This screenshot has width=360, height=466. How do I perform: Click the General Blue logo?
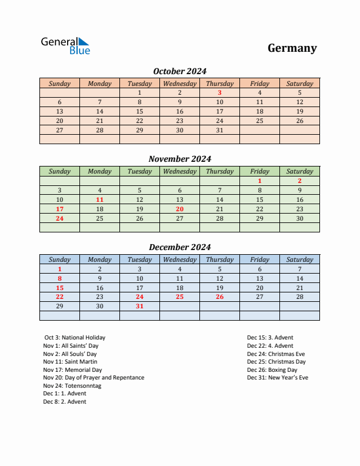(x=65, y=46)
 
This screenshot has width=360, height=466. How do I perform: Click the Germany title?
(x=292, y=48)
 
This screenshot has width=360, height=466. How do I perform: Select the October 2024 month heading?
(x=179, y=71)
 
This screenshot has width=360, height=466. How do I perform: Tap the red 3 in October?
(x=219, y=92)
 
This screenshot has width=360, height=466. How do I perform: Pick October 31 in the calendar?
(x=219, y=130)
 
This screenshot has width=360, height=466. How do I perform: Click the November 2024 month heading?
(x=179, y=159)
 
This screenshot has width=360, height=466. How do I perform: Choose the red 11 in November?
(x=99, y=199)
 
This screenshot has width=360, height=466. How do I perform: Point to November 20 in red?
(x=179, y=209)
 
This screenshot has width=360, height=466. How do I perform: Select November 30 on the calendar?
(x=299, y=218)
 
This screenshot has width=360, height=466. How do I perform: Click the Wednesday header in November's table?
(x=179, y=171)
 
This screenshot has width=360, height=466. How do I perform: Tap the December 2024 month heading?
(x=179, y=247)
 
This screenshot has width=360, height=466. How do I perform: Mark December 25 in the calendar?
(x=179, y=297)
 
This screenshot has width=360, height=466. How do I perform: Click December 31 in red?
(x=139, y=307)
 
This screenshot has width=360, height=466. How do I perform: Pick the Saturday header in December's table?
(x=299, y=259)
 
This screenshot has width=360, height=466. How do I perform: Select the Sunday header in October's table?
(x=59, y=84)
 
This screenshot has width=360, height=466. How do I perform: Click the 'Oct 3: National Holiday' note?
(x=75, y=338)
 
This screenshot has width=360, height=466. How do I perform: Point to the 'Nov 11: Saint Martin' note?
(x=70, y=362)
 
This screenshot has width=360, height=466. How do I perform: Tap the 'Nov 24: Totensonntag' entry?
(x=72, y=386)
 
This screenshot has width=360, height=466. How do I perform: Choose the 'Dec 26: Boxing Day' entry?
(x=272, y=370)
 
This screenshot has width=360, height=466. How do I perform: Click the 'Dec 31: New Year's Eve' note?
(x=277, y=378)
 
